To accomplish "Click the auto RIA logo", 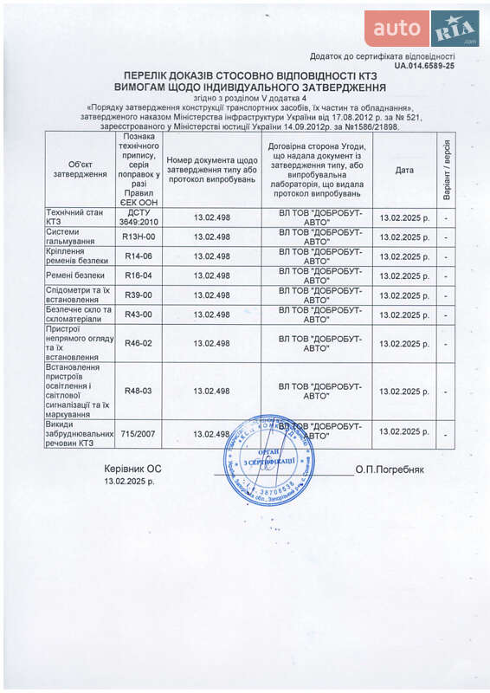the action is pos(421,29).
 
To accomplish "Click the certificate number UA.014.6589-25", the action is pos(423,65).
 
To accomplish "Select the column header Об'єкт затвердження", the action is pos(81,169).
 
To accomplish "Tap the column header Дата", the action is pos(404,170).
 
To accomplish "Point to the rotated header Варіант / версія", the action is pos(446,169).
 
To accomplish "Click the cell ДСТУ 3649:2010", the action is pos(139,217).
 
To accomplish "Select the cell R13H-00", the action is pos(139,236).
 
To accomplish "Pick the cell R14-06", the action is pos(139,256).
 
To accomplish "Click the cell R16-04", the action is pos(139,275).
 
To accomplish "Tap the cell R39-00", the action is pos(139,295).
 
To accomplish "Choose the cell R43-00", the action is pos(139,314).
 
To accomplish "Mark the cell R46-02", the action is pos(139,343).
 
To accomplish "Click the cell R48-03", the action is pos(139,391).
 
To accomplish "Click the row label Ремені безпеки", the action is pos(79,275).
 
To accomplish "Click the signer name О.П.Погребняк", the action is pos(390,470).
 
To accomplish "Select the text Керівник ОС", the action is pos(132,469).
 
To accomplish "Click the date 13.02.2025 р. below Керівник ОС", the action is pos(130,481).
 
